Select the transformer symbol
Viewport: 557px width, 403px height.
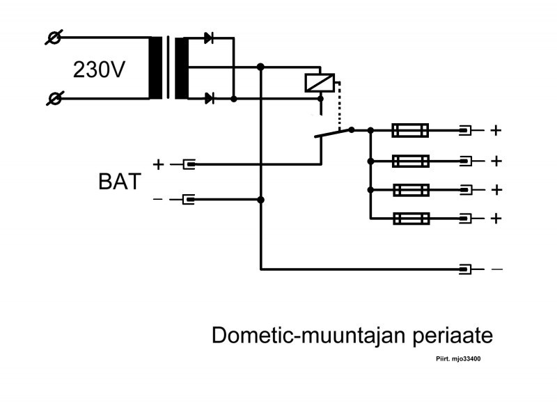pos(168,68)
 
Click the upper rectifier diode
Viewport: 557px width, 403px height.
pos(209,38)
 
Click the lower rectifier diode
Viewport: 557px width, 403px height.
pos(209,99)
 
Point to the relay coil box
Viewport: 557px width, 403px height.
pos(320,83)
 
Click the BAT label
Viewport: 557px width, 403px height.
pos(118,182)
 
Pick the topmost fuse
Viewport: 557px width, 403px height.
pos(410,130)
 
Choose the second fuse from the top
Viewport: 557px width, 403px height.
pos(410,161)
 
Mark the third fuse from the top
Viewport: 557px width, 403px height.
pos(410,189)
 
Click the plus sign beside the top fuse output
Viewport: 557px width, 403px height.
pos(496,130)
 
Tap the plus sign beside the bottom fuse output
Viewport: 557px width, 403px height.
pos(496,219)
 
